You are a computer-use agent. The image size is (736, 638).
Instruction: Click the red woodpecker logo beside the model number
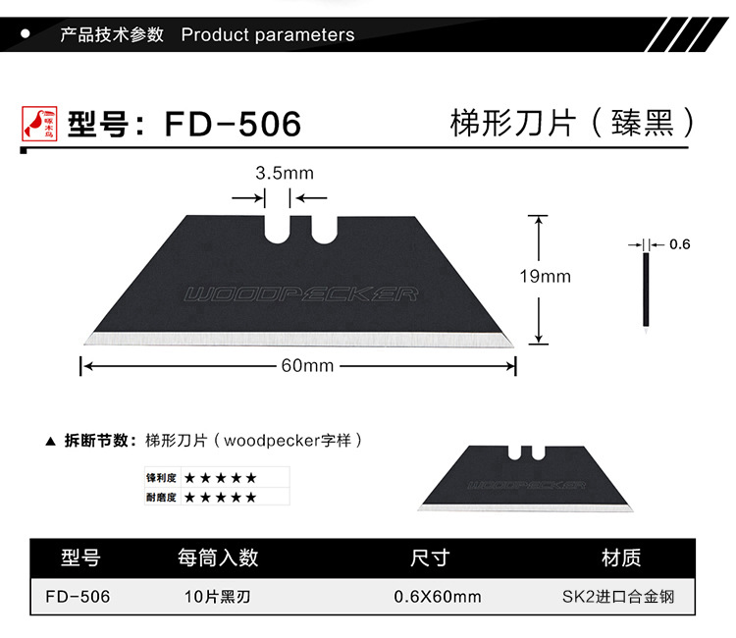[x=40, y=125]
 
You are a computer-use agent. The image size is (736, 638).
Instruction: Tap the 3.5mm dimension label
[x=284, y=173]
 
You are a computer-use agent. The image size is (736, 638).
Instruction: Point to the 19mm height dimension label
[x=545, y=276]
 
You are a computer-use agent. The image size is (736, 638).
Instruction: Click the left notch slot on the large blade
[x=277, y=229]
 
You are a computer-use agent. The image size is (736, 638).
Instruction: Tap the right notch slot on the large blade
[x=322, y=229]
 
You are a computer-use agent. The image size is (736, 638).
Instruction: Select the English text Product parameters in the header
[x=268, y=35]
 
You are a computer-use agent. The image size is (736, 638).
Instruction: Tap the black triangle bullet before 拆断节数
[x=50, y=442]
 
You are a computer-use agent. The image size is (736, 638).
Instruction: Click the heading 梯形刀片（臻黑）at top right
[x=572, y=125]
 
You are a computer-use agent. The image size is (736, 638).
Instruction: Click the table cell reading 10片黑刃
[x=217, y=596]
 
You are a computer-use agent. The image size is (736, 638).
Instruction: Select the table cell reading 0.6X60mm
[x=438, y=596]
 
